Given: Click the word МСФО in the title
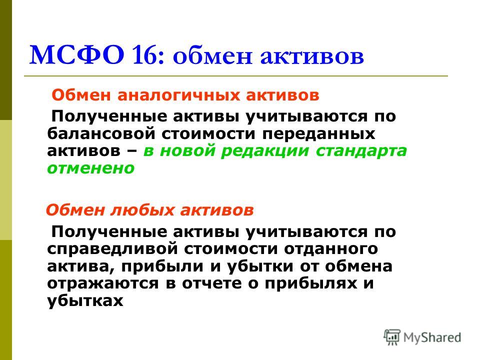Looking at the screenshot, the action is tap(77, 55).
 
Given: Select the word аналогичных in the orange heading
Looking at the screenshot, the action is tap(178, 95).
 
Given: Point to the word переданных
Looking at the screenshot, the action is tap(318, 134).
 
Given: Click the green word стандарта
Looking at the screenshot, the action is tap(361, 151).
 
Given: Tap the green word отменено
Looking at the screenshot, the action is tap(90, 168).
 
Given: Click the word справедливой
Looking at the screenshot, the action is tap(112, 249).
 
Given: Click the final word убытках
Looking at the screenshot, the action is tap(85, 300).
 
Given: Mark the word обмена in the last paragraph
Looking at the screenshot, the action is tap(358, 266).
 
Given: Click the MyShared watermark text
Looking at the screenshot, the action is tap(432, 337).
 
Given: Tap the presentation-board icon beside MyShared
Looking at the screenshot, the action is tap(392, 337).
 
